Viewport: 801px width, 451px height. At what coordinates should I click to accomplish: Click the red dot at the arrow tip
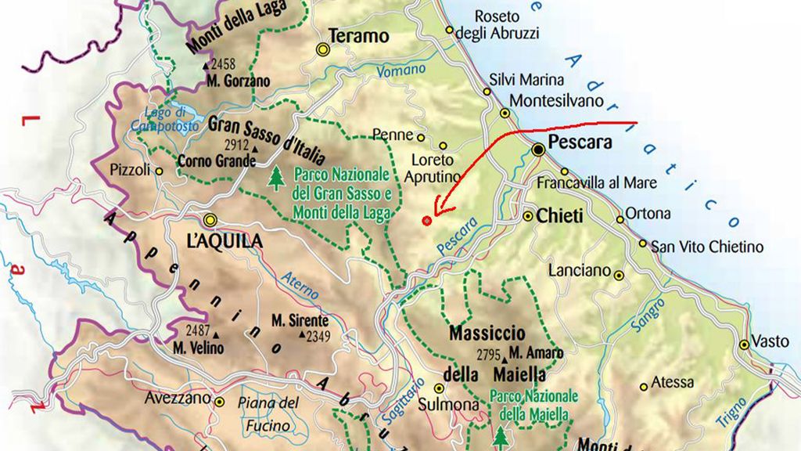(x=426, y=221)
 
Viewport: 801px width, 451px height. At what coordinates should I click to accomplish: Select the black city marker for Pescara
(x=538, y=149)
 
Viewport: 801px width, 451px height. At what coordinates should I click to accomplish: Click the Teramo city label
(x=358, y=36)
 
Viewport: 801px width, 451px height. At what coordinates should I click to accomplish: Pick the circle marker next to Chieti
(x=528, y=215)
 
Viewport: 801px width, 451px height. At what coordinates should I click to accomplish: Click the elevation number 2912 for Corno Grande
(x=235, y=146)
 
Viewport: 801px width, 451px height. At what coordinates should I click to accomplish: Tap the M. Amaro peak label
(x=536, y=353)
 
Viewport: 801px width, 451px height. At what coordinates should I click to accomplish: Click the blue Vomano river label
(x=401, y=71)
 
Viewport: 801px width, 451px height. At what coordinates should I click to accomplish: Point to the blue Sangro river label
(x=651, y=315)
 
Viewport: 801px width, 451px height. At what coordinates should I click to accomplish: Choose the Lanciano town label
(x=579, y=270)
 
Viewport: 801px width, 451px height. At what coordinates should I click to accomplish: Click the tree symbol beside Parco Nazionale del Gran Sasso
(x=275, y=178)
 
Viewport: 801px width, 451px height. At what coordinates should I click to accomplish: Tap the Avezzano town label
(x=178, y=399)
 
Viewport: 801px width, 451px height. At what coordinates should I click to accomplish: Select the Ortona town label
(x=648, y=213)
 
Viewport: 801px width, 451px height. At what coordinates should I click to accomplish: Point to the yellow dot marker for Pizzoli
(x=160, y=171)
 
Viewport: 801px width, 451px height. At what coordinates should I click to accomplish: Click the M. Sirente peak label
(x=300, y=320)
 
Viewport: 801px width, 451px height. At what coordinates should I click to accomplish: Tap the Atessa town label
(x=672, y=383)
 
